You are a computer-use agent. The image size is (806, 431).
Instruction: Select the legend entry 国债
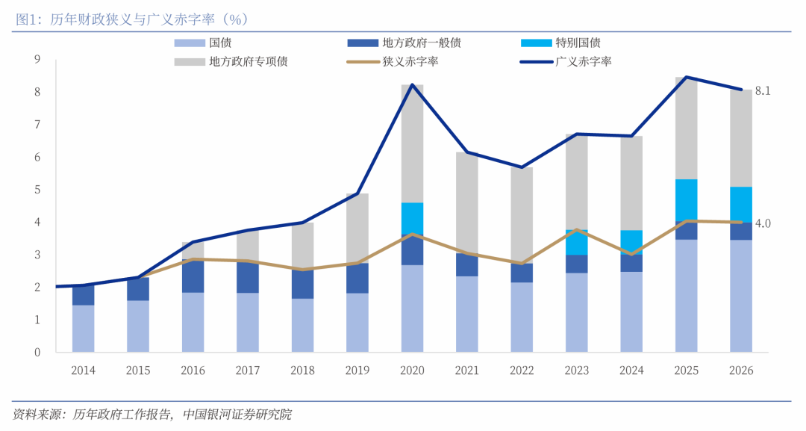[x=219, y=43]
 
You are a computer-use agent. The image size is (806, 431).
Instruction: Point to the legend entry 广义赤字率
[x=583, y=61]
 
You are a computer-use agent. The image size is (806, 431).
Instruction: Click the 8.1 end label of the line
[x=762, y=91]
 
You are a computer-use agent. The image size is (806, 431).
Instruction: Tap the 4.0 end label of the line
[x=762, y=223]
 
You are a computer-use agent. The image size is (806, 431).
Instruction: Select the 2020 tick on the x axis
[x=412, y=370]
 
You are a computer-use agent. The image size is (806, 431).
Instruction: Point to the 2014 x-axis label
[x=83, y=370]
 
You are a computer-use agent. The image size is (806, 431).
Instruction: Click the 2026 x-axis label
[x=741, y=370]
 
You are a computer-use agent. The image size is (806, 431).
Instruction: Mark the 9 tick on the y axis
[x=37, y=60]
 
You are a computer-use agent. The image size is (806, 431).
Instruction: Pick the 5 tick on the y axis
[x=37, y=190]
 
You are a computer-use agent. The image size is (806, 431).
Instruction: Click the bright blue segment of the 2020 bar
[x=412, y=219]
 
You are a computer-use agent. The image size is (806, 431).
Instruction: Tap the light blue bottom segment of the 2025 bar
[x=687, y=296]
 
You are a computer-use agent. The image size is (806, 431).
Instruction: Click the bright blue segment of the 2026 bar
[x=741, y=204]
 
